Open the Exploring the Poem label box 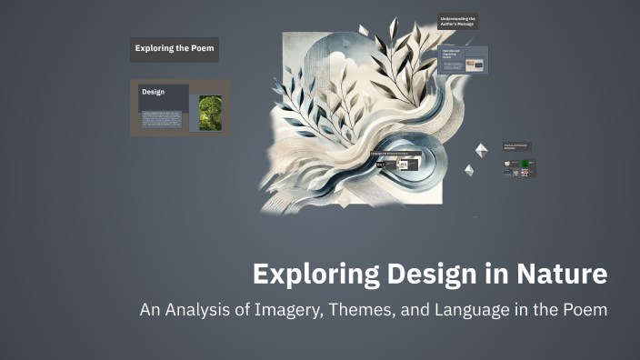coord(174,49)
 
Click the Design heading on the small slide coord(153,92)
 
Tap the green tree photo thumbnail coord(209,113)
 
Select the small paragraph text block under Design coord(162,119)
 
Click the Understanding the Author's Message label coord(458,21)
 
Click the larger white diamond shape coord(481,150)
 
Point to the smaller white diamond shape coord(469,170)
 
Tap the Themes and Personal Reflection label coord(516,145)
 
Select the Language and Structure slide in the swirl coord(392,164)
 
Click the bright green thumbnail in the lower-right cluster coord(525,164)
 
